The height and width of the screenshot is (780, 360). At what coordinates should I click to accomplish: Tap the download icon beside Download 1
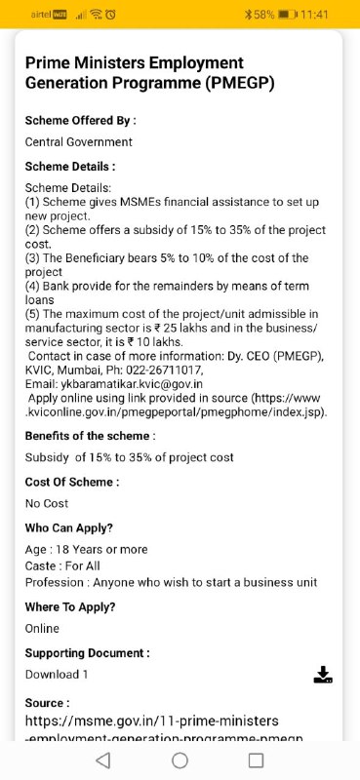(324, 675)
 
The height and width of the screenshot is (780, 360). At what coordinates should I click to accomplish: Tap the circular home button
(180, 760)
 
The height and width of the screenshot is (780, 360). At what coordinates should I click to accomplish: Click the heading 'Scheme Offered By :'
(80, 121)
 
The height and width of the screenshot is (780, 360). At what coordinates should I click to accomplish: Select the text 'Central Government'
(78, 142)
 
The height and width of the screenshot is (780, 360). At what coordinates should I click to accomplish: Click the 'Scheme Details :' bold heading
(70, 167)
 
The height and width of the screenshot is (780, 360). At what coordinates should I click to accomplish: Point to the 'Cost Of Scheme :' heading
(72, 482)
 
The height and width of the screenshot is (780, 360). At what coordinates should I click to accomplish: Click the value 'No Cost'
(47, 503)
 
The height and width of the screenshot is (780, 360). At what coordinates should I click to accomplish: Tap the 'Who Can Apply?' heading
(69, 527)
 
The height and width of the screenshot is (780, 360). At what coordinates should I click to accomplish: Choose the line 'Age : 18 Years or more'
(86, 550)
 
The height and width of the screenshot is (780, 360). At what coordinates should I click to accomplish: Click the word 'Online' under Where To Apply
(42, 629)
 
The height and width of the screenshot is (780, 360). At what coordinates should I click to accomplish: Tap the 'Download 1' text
(57, 675)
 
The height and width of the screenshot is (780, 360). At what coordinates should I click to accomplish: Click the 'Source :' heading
(47, 702)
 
